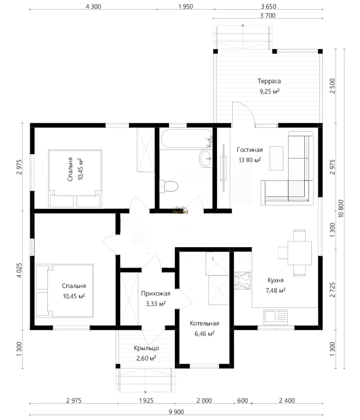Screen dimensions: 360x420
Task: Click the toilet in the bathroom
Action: pyautogui.click(x=169, y=186)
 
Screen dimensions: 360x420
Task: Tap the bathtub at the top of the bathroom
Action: pyautogui.click(x=186, y=139)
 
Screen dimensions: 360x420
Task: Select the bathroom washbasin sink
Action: pyautogui.click(x=206, y=158)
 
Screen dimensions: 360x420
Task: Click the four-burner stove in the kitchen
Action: pyautogui.click(x=243, y=281)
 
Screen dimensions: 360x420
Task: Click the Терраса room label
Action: pyautogui.click(x=269, y=81)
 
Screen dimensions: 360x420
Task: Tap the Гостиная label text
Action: pyautogui.click(x=250, y=150)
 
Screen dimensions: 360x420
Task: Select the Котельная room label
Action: pyautogui.click(x=205, y=323)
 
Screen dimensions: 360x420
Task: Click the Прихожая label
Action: pyautogui.click(x=156, y=294)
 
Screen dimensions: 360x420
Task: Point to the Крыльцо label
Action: pyautogui.click(x=146, y=348)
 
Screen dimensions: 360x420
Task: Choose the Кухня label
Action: pyautogui.click(x=276, y=280)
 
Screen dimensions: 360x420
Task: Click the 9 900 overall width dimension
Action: pyautogui.click(x=176, y=412)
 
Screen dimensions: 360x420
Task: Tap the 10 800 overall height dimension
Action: pyautogui.click(x=341, y=209)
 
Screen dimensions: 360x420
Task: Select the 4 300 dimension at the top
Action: pyautogui.click(x=93, y=6)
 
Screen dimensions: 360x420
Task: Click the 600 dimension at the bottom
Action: pyautogui.click(x=243, y=400)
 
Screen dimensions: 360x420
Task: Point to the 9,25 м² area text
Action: pyautogui.click(x=269, y=91)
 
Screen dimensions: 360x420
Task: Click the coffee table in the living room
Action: pyautogui.click(x=276, y=158)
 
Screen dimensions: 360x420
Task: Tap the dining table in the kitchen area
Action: pyautogui.click(x=299, y=253)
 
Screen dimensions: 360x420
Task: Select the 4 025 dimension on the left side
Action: pyautogui.click(x=19, y=270)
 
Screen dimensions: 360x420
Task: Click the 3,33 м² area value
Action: pyautogui.click(x=156, y=304)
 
